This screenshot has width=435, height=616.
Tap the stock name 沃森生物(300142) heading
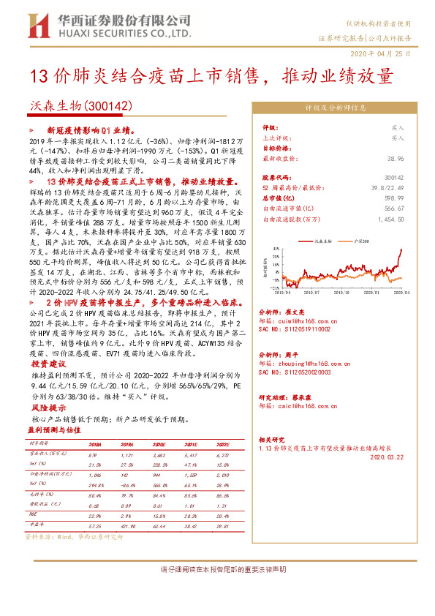(69, 106)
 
